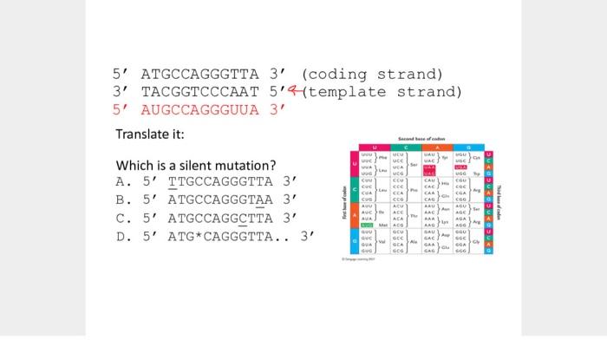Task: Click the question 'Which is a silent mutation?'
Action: pyautogui.click(x=196, y=166)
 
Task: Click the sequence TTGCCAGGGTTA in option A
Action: pyautogui.click(x=219, y=182)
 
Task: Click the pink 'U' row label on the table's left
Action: pyautogui.click(x=354, y=163)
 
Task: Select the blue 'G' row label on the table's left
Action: pyautogui.click(x=354, y=239)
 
